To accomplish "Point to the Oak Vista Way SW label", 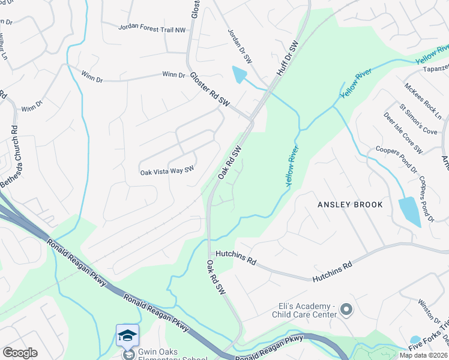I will pyautogui.click(x=167, y=171).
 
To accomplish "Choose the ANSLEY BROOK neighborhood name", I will pyautogui.click(x=350, y=205).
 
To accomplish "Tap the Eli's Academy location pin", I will pyautogui.click(x=346, y=310).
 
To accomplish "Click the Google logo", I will pyautogui.click(x=20, y=353).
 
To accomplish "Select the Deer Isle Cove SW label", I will pyautogui.click(x=403, y=133).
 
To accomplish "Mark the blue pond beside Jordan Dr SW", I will pyautogui.click(x=239, y=75).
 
